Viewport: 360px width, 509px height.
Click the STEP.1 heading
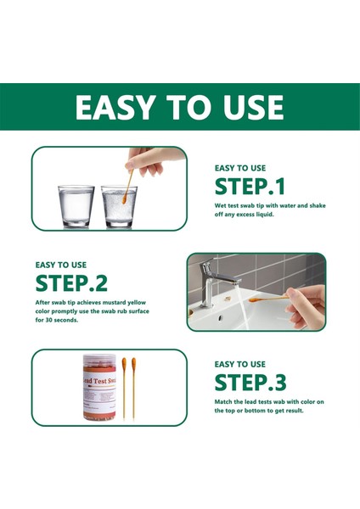[x=250, y=187]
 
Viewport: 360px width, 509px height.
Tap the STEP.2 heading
[x=71, y=283]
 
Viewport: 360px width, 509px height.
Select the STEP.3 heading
[x=250, y=383]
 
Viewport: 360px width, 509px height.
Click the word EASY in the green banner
[x=115, y=108]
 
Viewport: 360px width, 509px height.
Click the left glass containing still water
[x=76, y=206]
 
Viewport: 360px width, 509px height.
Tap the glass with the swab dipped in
[x=119, y=206]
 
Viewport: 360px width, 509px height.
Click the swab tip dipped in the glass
[x=124, y=199]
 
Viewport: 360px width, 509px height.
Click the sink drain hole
[x=223, y=316]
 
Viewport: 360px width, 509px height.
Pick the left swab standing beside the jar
[x=124, y=388]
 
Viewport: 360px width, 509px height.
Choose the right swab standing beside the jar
[x=133, y=388]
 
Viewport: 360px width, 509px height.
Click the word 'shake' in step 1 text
[x=318, y=205]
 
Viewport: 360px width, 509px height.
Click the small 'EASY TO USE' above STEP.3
[x=239, y=364]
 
